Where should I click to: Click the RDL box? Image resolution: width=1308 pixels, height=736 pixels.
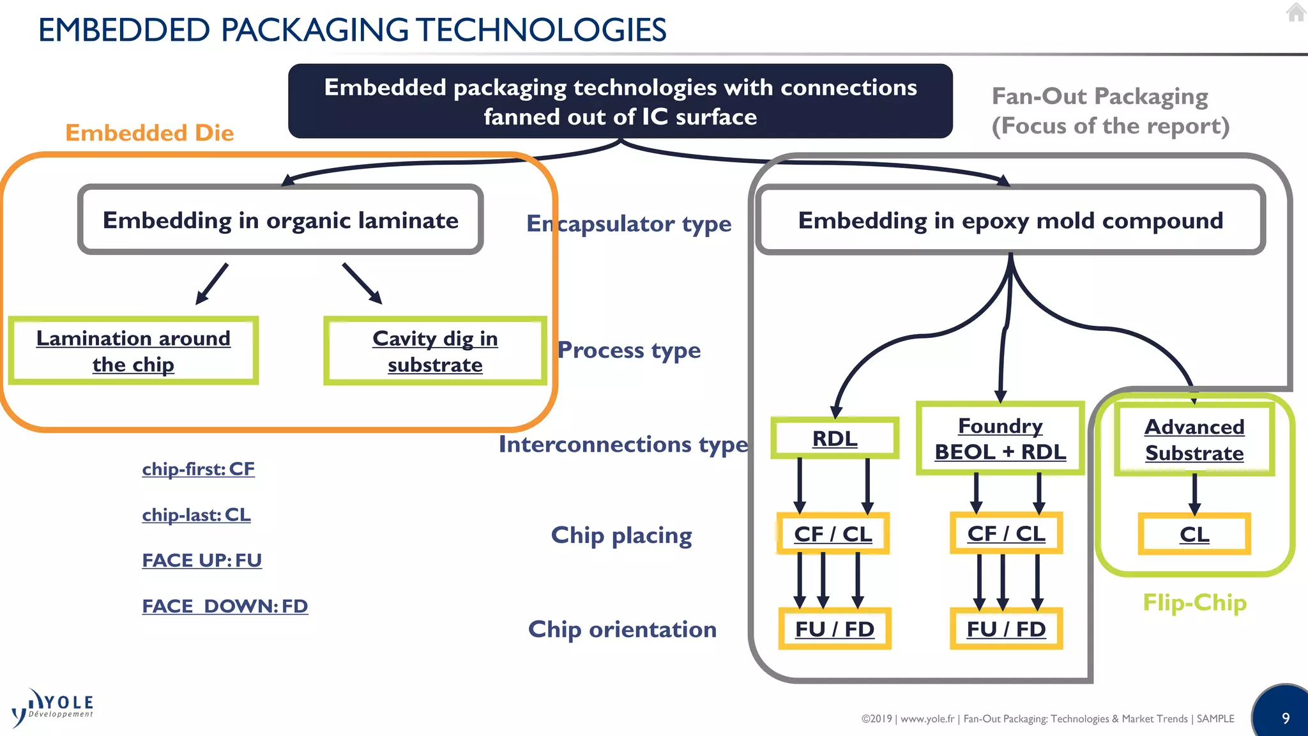(x=835, y=438)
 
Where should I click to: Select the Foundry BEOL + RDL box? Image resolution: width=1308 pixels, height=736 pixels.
(x=1000, y=439)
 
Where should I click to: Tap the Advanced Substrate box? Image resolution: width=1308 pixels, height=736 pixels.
(x=1194, y=440)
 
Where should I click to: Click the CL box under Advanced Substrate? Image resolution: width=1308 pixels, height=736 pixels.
(x=1194, y=534)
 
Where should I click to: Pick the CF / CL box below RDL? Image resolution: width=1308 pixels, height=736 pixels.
(x=833, y=533)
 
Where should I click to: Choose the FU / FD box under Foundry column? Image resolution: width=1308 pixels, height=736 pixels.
(x=1006, y=629)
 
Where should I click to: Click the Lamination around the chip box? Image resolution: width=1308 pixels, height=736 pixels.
(x=133, y=351)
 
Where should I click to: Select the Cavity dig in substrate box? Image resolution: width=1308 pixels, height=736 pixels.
(x=435, y=351)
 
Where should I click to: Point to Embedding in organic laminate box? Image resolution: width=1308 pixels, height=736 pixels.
(x=280, y=220)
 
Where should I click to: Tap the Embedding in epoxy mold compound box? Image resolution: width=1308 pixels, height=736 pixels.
(x=1010, y=220)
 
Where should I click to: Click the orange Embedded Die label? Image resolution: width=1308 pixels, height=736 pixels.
(x=149, y=133)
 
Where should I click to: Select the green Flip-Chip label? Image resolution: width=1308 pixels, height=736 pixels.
(x=1194, y=602)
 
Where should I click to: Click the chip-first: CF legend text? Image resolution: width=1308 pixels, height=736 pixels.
(x=198, y=469)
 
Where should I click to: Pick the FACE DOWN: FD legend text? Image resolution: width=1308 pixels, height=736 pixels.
(x=225, y=606)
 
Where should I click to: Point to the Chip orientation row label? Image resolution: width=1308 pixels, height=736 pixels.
(x=622, y=629)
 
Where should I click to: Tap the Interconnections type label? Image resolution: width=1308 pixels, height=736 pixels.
(x=623, y=444)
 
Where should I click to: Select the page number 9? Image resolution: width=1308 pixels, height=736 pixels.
(x=1286, y=718)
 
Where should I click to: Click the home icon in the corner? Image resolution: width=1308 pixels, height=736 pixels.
(x=1296, y=12)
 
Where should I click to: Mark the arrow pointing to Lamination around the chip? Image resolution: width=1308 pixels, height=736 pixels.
(x=212, y=283)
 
